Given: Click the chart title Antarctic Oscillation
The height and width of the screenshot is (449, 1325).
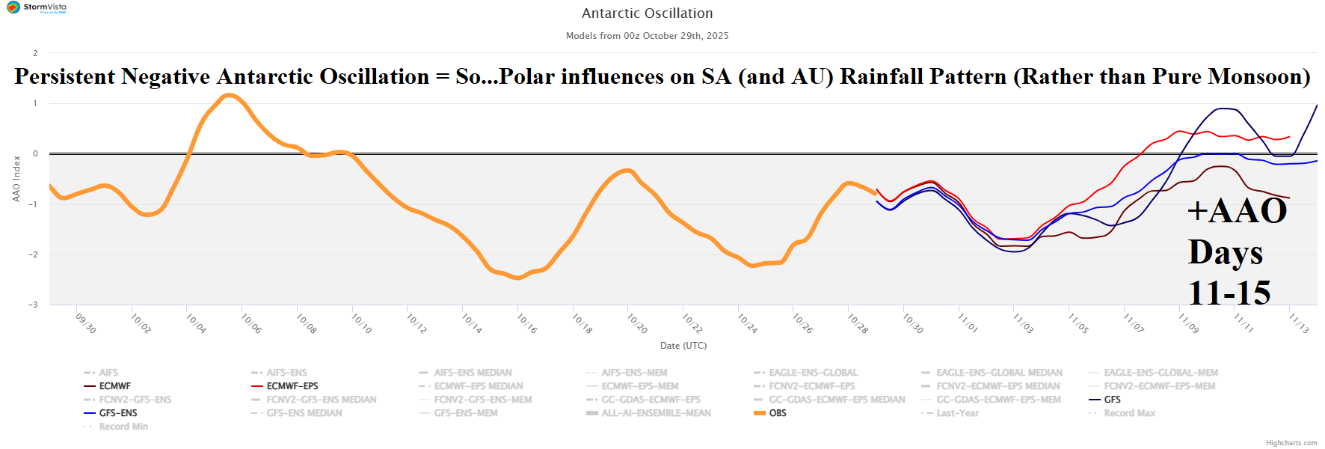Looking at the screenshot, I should [x=647, y=13].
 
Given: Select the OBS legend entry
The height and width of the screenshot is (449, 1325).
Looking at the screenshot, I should [x=778, y=413].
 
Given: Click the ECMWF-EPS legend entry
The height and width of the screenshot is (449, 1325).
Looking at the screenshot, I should [x=292, y=386].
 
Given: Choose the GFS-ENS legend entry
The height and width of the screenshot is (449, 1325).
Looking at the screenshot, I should [x=118, y=413].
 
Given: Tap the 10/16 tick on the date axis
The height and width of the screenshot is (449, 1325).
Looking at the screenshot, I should [x=526, y=323].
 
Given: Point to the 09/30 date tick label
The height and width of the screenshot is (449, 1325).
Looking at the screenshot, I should [x=85, y=323].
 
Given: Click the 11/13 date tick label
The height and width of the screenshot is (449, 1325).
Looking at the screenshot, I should [x=1298, y=323].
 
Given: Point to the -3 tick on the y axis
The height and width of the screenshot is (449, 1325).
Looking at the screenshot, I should [x=34, y=305].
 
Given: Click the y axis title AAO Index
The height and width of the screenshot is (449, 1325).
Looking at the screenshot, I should [x=16, y=179].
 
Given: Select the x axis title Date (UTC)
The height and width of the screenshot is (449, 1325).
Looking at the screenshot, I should [x=683, y=346].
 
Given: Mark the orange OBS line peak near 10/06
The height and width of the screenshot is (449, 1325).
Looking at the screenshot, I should [x=230, y=95].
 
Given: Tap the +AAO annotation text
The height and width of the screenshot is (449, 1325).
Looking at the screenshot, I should [x=1237, y=211].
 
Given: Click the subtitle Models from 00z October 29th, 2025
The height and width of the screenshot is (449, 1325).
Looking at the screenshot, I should [x=647, y=36].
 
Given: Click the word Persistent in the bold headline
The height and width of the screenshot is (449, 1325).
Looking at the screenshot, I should [x=64, y=76].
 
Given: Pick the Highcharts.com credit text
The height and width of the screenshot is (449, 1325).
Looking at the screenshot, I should [x=1291, y=443].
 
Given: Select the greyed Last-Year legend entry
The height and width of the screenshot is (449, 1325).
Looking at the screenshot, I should [x=957, y=413].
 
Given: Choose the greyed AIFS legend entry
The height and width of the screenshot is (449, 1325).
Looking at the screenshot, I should [x=108, y=373].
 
